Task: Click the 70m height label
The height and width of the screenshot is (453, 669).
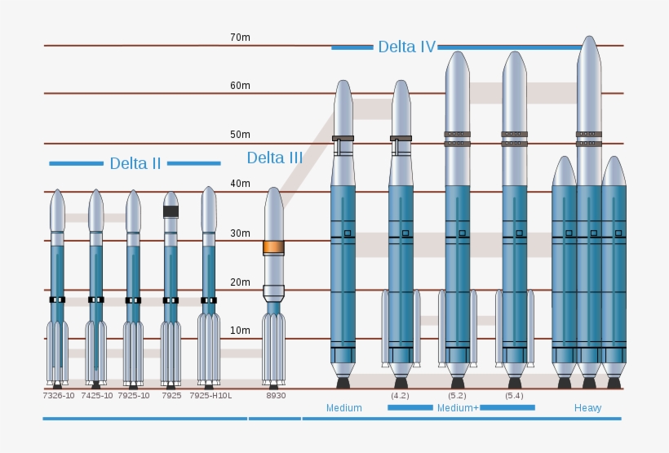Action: (x=240, y=38)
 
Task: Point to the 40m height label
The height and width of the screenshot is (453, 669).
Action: (x=240, y=184)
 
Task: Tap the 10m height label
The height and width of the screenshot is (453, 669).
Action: (x=240, y=331)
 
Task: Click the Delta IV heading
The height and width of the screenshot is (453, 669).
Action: (x=406, y=47)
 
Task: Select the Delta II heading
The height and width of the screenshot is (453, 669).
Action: (x=135, y=163)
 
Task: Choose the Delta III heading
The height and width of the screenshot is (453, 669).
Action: (x=274, y=158)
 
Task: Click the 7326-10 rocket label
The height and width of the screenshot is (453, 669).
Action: (x=58, y=396)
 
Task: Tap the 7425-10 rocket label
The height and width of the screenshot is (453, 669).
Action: (x=97, y=396)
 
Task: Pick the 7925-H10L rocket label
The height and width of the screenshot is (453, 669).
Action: (x=210, y=396)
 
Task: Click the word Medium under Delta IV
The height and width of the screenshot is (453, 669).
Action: (x=343, y=408)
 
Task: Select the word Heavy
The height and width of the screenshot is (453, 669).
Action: (x=587, y=408)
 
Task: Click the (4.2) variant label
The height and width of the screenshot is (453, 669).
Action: (x=400, y=396)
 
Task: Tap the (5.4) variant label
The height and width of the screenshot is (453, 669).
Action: (x=514, y=396)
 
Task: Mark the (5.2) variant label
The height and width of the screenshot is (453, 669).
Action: (x=457, y=396)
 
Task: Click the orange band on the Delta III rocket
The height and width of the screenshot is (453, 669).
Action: (x=273, y=247)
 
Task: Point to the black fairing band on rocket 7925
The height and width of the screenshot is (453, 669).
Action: (x=171, y=211)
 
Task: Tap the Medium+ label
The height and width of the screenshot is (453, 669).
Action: (x=458, y=408)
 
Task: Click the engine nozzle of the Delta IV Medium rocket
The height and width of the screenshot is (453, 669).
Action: (x=343, y=381)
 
